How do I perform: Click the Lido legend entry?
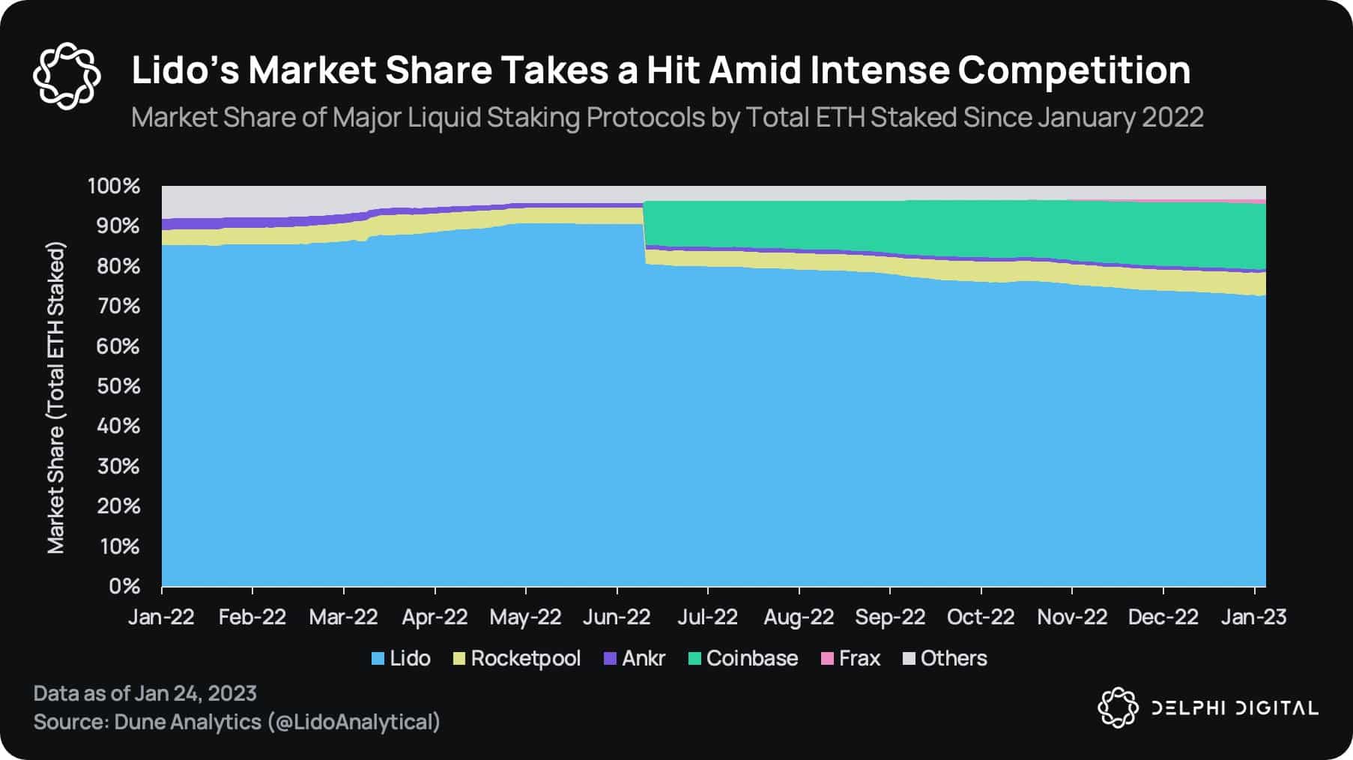tap(402, 658)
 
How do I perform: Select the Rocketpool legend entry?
tap(518, 658)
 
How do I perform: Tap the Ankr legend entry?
tap(635, 658)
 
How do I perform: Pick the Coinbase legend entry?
tap(743, 658)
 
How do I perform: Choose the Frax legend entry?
tap(851, 658)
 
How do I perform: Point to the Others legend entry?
tap(945, 658)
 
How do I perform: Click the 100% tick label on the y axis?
tap(114, 186)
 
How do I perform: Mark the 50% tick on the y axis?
tap(118, 386)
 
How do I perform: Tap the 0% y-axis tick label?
tap(124, 586)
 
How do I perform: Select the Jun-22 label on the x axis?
tap(617, 617)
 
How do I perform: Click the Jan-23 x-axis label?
tap(1253, 617)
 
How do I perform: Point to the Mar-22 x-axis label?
tap(343, 617)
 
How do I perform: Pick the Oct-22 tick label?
tap(981, 617)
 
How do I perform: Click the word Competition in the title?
tap(1074, 70)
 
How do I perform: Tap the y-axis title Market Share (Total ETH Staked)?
tap(56, 397)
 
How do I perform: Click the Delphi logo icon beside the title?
tap(67, 76)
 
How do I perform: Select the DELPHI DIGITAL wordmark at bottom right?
tap(1234, 708)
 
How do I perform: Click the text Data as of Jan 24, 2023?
tap(145, 693)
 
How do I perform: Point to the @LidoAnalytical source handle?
tap(354, 722)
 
